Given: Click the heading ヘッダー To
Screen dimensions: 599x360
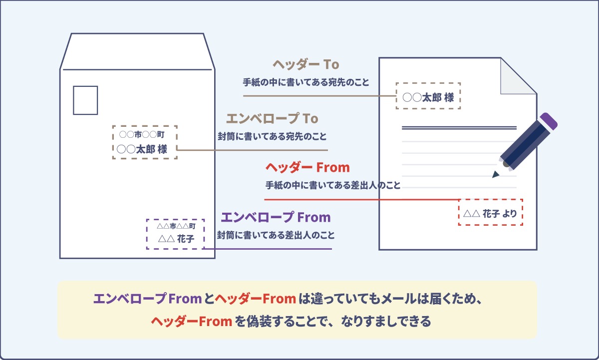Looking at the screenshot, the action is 306,64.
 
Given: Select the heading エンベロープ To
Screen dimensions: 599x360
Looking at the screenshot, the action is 272,118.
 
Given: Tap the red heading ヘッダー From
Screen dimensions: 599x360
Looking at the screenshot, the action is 307,167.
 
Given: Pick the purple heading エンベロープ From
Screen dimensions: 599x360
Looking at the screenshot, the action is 276,217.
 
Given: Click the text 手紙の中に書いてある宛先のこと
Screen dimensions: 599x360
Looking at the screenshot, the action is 306,82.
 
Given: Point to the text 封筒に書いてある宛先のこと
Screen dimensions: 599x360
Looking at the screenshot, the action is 272,136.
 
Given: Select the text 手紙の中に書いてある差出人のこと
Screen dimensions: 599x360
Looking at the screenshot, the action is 333,185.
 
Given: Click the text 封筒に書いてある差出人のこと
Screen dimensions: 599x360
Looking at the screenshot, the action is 276,235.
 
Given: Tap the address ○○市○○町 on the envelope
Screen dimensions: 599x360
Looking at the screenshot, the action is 142,134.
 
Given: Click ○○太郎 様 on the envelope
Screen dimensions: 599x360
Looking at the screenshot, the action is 142,149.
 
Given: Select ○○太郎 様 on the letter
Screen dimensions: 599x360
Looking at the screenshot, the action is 428,97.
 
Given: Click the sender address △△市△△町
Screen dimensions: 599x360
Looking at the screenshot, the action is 176,226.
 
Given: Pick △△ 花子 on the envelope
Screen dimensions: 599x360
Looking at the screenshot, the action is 176,239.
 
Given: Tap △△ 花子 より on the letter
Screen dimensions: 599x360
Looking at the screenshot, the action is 490,213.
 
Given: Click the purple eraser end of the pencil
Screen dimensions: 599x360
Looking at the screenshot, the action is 549,121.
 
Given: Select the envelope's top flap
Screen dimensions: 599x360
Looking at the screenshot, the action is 137,51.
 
